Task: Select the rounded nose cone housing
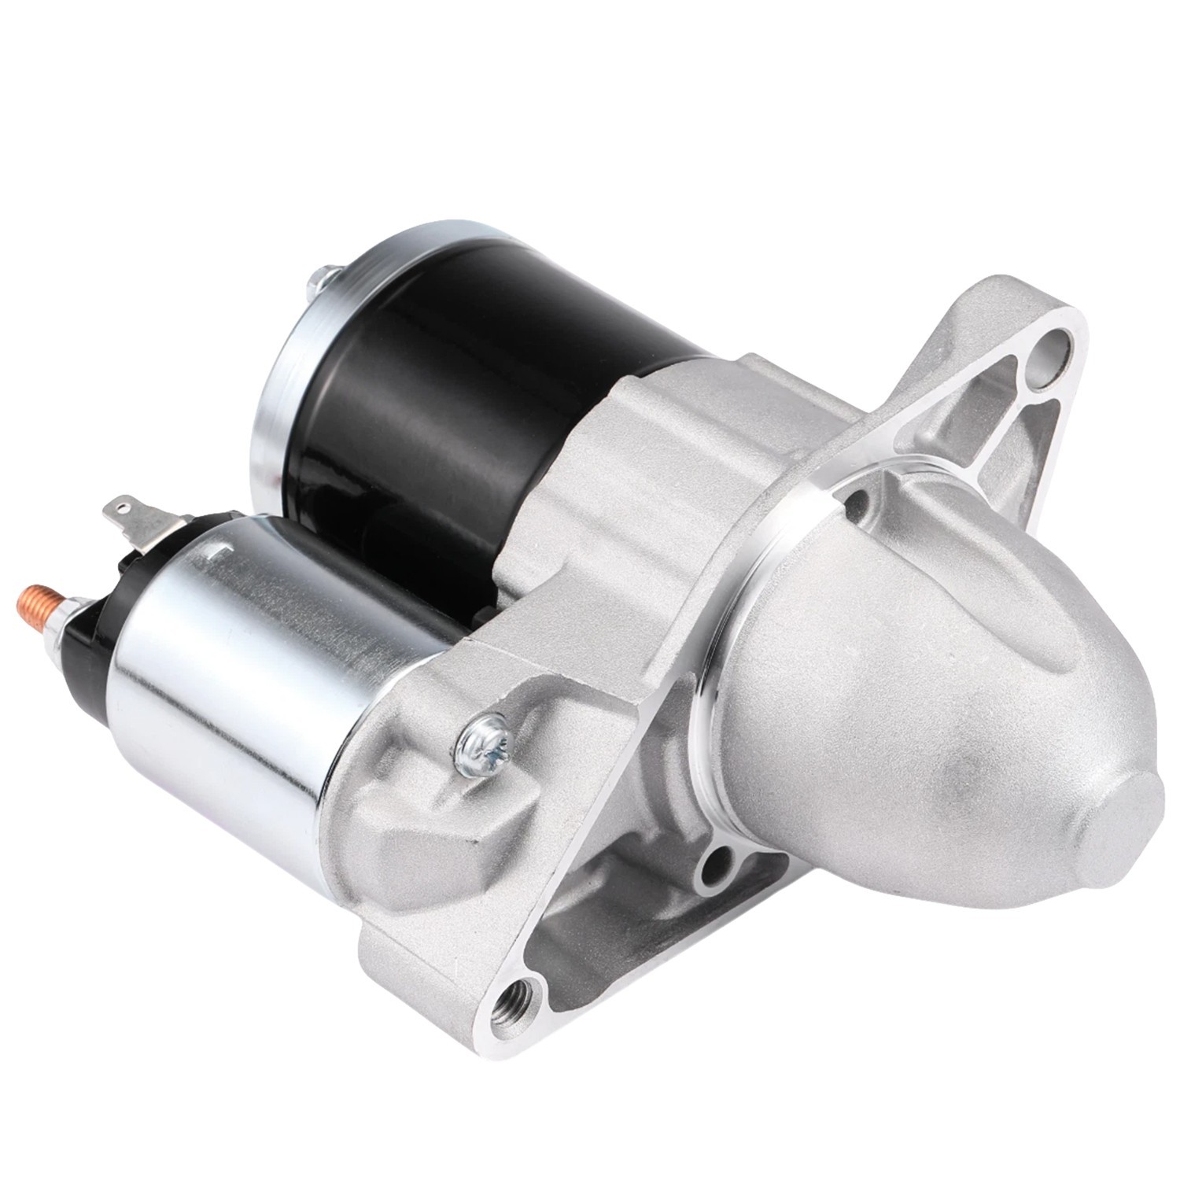pos(905,708)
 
